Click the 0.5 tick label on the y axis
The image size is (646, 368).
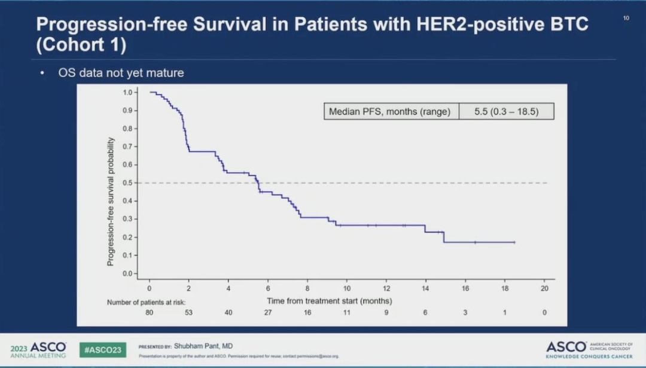(127, 183)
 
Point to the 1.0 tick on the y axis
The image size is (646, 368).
(127, 92)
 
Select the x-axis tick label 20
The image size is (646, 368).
(544, 288)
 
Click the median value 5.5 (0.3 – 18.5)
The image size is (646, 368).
(506, 111)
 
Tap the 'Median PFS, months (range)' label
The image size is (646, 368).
(390, 111)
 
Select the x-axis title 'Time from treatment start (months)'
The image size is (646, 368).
(330, 300)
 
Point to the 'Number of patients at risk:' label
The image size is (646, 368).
(150, 303)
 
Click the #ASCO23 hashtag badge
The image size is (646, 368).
(103, 349)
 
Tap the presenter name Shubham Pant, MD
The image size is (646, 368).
(203, 346)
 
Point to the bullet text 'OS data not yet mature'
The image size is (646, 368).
(121, 73)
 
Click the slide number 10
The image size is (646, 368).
(626, 18)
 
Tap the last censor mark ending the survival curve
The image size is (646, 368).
(514, 242)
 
